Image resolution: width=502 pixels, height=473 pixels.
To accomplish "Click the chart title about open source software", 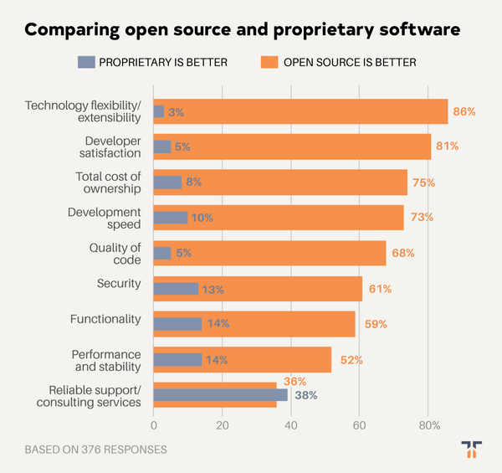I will tap(242, 30).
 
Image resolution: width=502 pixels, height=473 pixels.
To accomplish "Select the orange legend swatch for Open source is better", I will tap(269, 62).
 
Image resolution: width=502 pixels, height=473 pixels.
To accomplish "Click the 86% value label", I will tap(464, 111).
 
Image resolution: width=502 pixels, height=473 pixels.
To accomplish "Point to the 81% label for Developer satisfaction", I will tap(447, 147).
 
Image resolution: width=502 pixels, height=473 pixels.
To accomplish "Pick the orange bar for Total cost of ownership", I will tap(293, 182).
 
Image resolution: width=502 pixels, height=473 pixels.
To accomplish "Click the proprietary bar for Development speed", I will tap(170, 218).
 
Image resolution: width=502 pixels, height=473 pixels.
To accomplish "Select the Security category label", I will tap(120, 283).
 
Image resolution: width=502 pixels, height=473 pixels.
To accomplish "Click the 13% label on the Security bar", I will tap(213, 289).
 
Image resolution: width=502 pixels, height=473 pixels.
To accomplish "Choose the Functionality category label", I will tap(106, 319).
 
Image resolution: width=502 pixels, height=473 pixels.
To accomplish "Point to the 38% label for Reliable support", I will tap(305, 395).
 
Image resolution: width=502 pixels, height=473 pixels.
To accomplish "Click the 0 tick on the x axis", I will tap(153, 424).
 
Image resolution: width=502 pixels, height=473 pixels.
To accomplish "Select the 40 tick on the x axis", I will tap(290, 424).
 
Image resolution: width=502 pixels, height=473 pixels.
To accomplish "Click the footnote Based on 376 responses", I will tap(95, 450).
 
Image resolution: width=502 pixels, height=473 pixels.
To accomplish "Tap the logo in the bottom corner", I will tap(471, 450).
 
